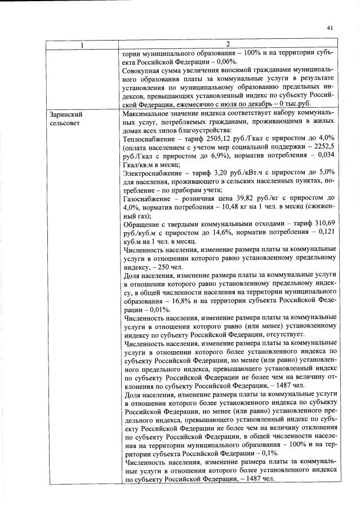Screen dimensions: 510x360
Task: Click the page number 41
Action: click(330, 27)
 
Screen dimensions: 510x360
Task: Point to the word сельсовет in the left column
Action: click(65, 122)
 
